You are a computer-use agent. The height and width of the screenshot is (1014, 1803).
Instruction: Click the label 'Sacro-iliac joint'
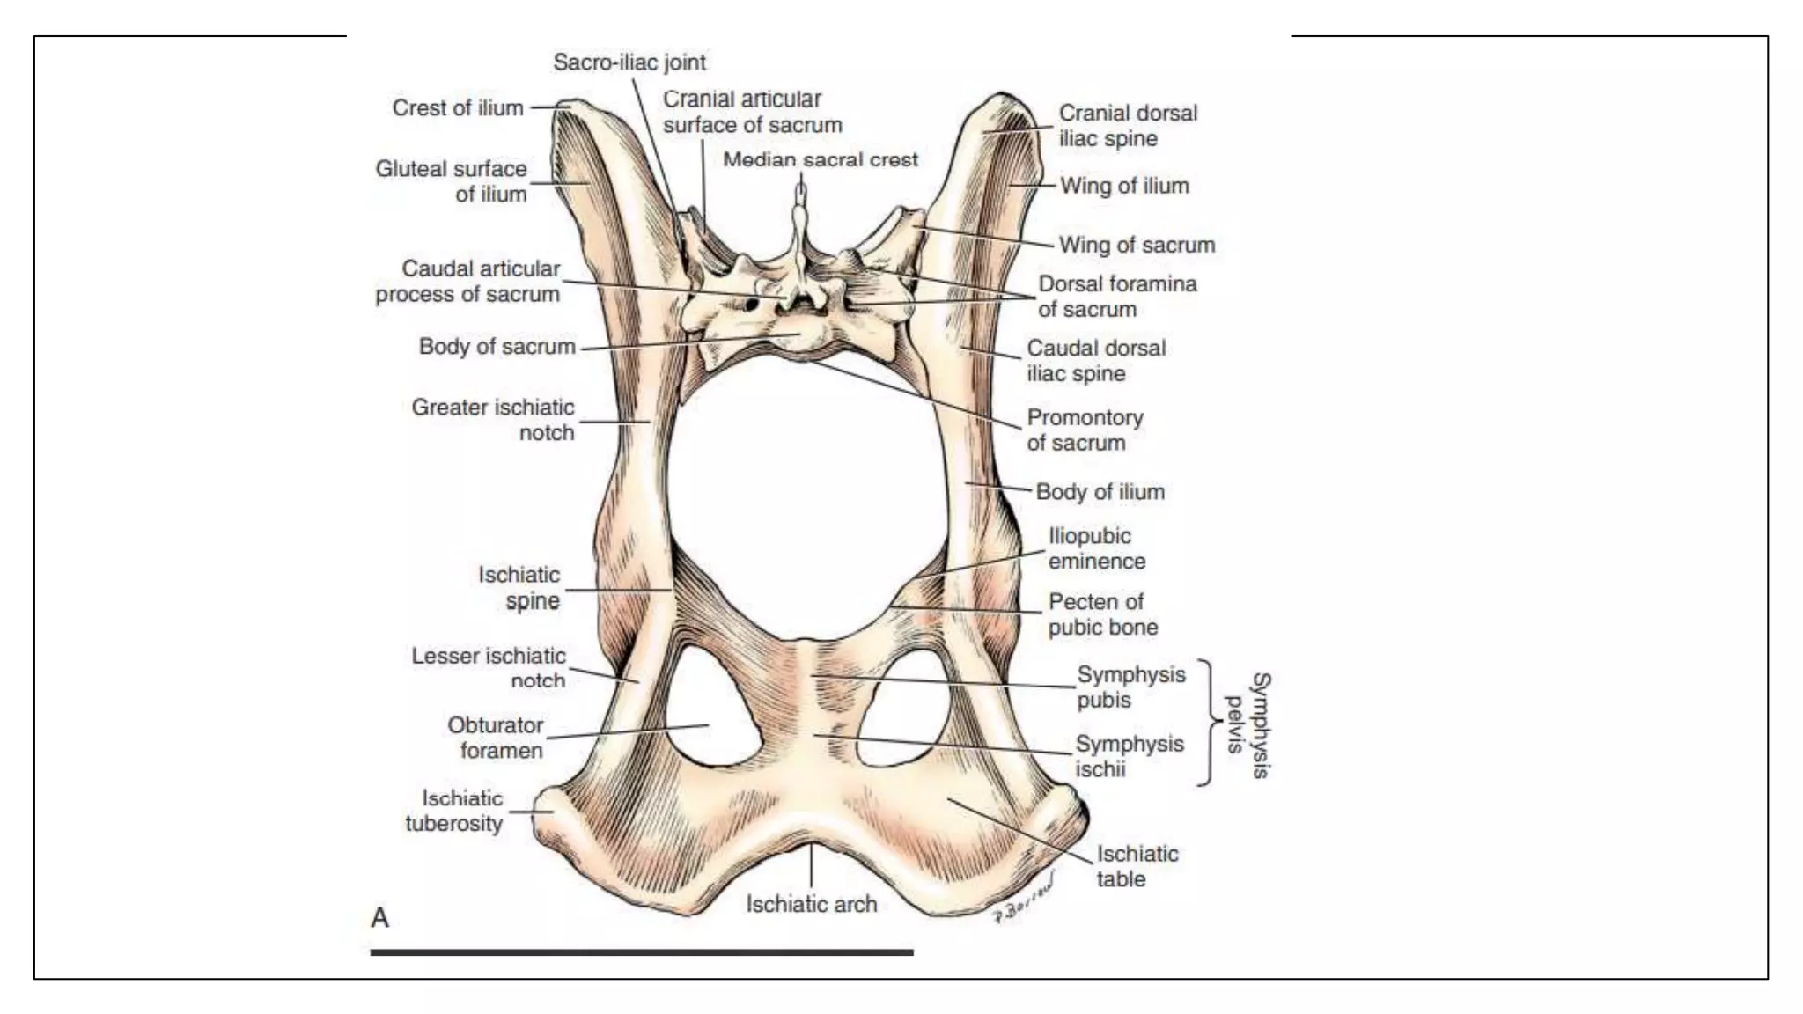click(x=629, y=62)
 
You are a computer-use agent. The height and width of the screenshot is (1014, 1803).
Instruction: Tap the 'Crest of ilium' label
click(x=458, y=108)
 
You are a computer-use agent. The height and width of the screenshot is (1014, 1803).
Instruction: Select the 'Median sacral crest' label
click(x=821, y=160)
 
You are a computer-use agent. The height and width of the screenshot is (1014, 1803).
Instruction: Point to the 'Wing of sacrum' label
click(x=1137, y=245)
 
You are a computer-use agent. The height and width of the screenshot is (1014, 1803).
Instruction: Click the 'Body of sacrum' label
click(x=497, y=347)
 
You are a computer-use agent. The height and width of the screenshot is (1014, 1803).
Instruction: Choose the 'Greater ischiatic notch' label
click(x=493, y=420)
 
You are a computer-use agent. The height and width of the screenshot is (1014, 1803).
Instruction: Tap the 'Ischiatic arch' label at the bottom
click(x=812, y=904)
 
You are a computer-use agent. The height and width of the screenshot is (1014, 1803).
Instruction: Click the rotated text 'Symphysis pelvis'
click(x=1249, y=724)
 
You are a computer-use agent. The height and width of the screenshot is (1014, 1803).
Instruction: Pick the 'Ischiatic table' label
click(x=1136, y=866)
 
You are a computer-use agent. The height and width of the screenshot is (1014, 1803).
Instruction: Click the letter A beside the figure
click(x=380, y=918)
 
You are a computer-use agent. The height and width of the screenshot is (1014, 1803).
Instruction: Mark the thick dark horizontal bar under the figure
click(x=642, y=952)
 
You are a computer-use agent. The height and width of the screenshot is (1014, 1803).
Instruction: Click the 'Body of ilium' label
click(x=1100, y=492)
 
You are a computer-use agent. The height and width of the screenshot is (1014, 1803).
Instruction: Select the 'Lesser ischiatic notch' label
click(x=489, y=668)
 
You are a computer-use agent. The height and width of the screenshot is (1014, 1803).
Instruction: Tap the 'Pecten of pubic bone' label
click(x=1102, y=614)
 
